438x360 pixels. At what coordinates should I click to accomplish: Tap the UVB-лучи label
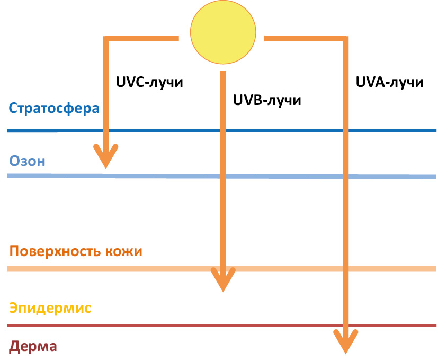point(267,100)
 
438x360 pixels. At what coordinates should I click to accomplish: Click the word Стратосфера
point(54,109)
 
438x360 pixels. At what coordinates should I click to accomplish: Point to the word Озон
point(28,161)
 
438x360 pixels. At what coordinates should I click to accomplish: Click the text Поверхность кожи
point(76,251)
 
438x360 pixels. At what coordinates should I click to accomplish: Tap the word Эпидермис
point(51,308)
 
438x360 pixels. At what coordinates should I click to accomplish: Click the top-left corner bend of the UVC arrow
point(106,39)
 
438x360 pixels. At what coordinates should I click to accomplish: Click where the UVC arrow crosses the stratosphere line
point(106,130)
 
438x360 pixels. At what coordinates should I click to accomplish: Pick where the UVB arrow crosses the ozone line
point(223,176)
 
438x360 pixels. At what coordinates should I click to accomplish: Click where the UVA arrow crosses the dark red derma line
point(345,326)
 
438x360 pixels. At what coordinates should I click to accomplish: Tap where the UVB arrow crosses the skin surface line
point(223,269)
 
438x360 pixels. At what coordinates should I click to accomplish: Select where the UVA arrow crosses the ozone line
point(345,177)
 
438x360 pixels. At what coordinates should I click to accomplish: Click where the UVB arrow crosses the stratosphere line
point(223,130)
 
